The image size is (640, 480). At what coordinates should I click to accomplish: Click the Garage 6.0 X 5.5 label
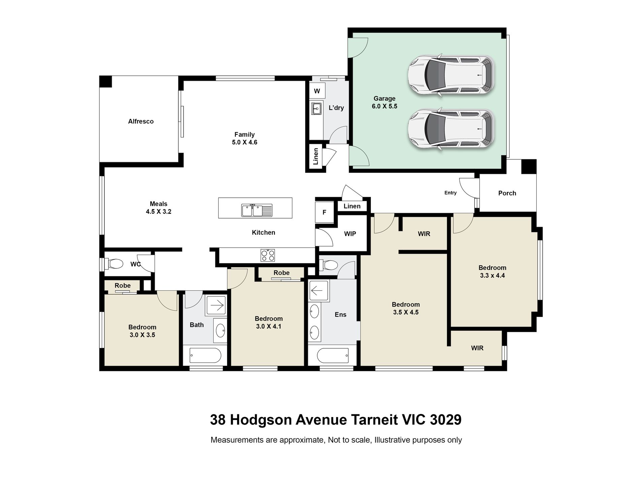[x=384, y=102]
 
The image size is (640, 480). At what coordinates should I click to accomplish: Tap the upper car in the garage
[x=451, y=75]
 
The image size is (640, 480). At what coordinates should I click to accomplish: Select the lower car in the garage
[x=451, y=129]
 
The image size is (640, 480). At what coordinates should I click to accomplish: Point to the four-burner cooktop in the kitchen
[x=267, y=255]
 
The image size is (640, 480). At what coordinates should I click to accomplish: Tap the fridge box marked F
[x=324, y=212]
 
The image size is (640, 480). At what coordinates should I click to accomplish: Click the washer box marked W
[x=317, y=91]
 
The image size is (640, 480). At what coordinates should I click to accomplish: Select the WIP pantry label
[x=350, y=234]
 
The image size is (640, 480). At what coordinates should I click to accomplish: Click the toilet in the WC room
[x=115, y=264]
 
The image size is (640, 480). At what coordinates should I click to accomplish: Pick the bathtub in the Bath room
[x=205, y=355]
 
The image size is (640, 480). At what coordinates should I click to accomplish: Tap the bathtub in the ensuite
[x=333, y=355]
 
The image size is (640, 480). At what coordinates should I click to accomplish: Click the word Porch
[x=507, y=193]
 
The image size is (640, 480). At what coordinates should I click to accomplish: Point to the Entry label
[x=450, y=193]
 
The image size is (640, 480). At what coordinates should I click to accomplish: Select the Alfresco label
[x=141, y=121]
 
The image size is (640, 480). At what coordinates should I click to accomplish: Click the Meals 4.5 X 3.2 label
[x=158, y=207]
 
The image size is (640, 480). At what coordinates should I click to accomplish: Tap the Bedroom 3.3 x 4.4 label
[x=492, y=271]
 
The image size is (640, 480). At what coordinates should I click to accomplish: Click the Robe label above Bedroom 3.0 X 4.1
[x=281, y=273]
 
